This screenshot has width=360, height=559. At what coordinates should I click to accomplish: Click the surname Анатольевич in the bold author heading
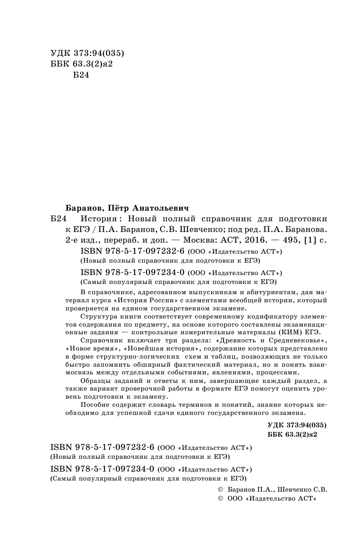click(x=158, y=207)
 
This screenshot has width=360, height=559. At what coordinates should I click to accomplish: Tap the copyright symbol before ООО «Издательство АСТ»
click(x=221, y=498)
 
